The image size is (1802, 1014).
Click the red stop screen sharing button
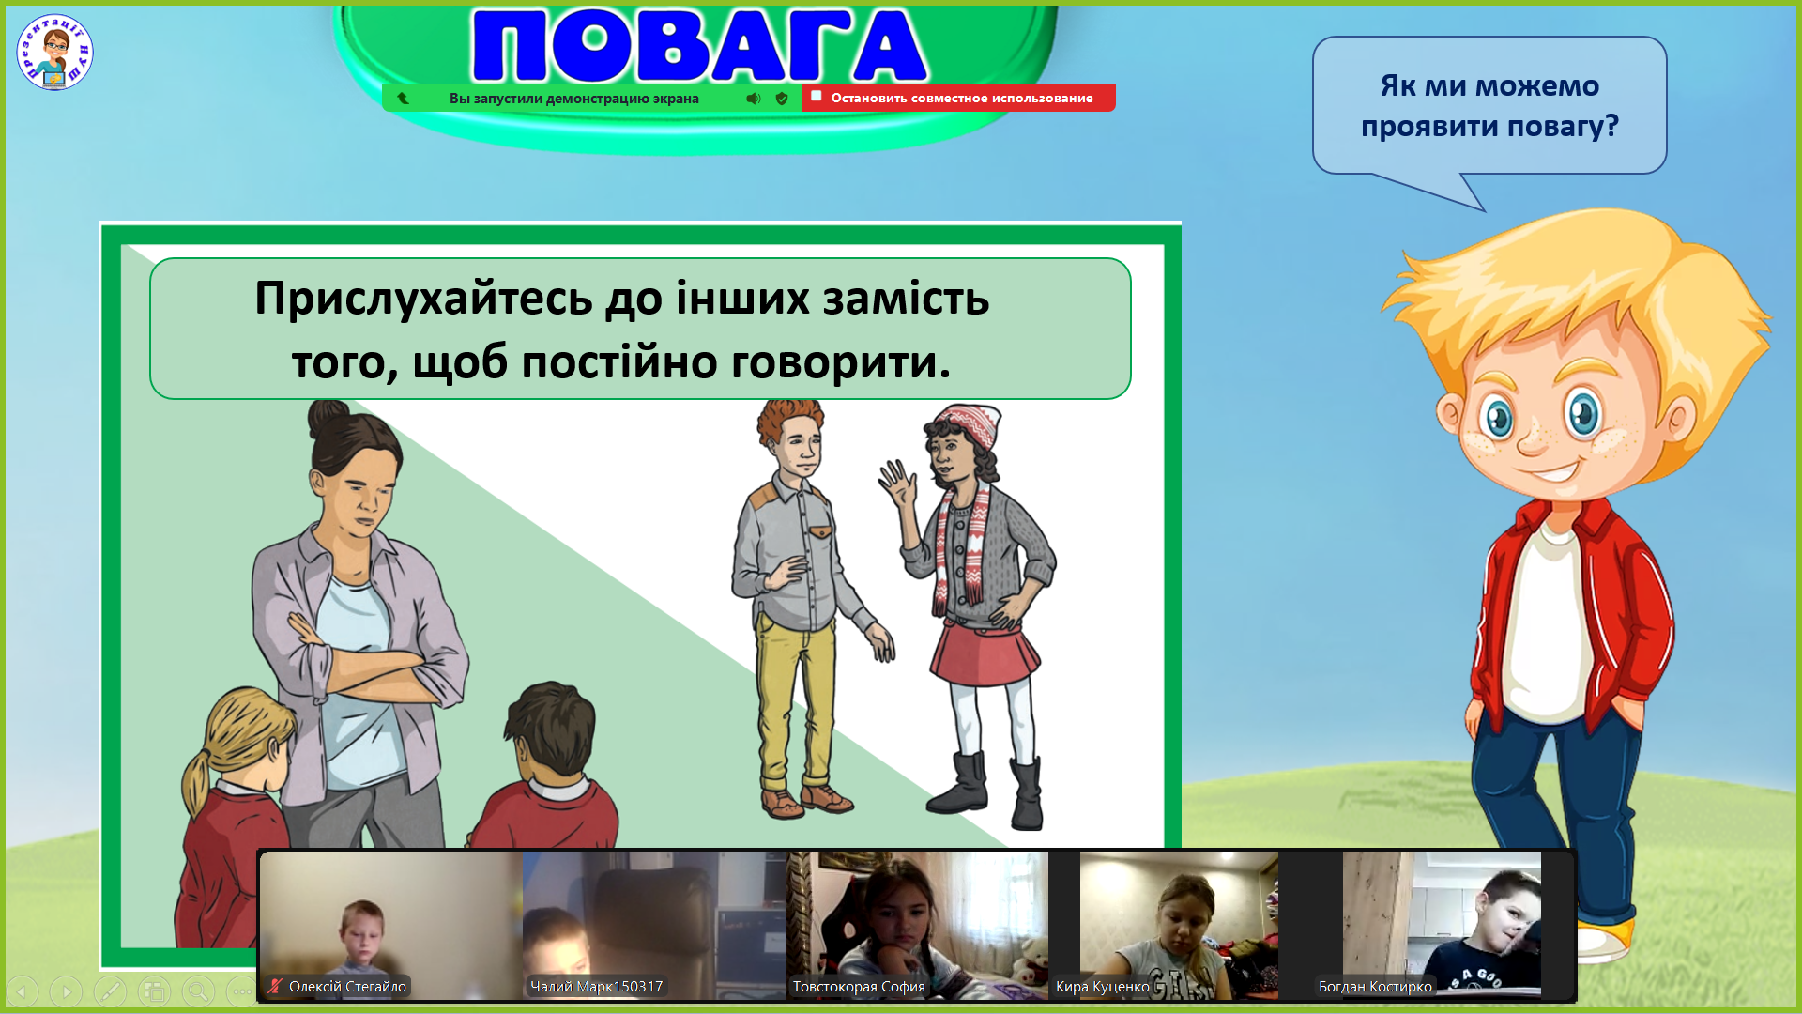tap(958, 98)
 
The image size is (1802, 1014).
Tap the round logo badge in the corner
tap(54, 53)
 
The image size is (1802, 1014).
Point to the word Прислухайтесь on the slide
tap(423, 300)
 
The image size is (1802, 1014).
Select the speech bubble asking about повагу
tap(1489, 106)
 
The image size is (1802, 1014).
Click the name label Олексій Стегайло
tap(347, 987)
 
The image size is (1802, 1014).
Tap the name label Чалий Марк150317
tap(596, 987)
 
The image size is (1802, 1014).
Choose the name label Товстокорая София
tap(859, 987)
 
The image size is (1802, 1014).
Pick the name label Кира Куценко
tap(1102, 987)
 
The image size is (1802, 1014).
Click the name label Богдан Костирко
tap(1375, 987)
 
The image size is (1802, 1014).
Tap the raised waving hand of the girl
tap(897, 484)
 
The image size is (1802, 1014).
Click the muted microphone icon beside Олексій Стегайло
tap(274, 987)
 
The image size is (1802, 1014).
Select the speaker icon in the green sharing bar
tap(754, 99)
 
